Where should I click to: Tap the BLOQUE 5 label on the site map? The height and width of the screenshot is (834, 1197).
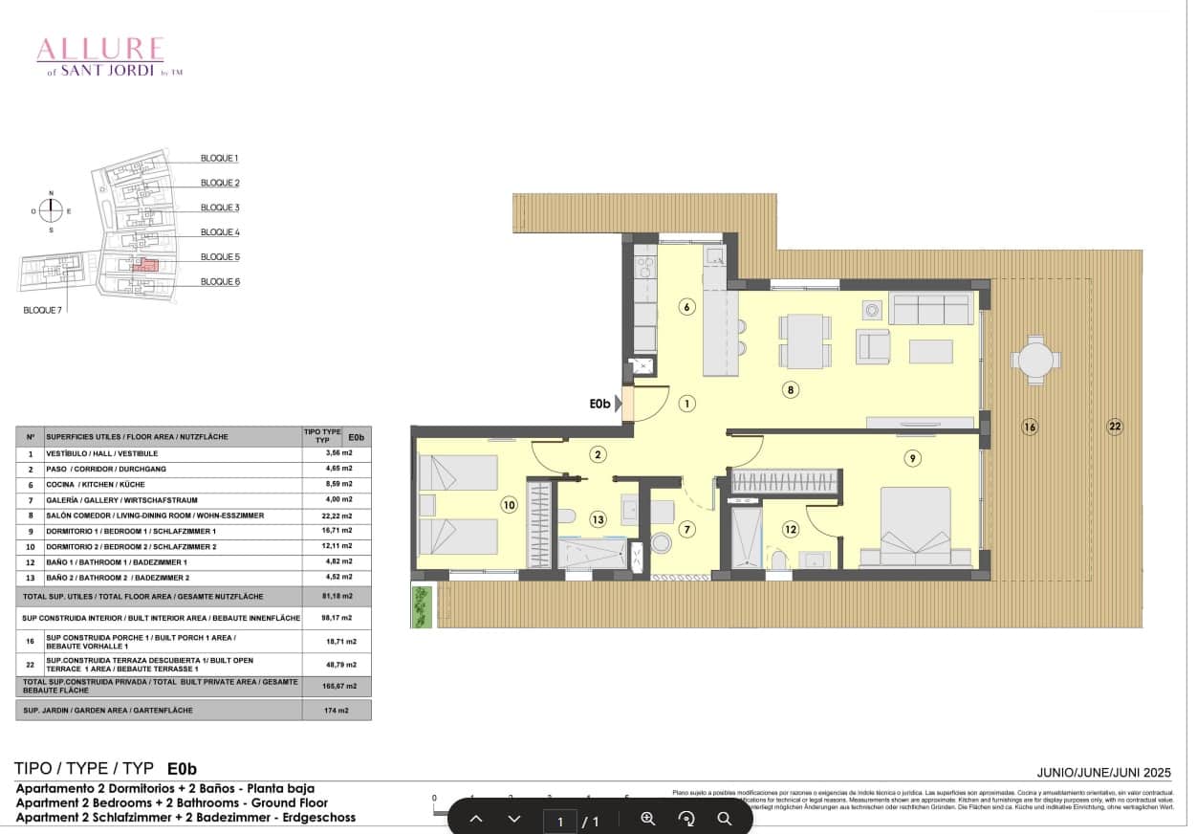[220, 256]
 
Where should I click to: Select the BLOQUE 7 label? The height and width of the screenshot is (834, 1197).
[43, 310]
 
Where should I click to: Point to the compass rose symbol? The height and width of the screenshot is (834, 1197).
[52, 210]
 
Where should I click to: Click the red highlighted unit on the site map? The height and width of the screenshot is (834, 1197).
[144, 265]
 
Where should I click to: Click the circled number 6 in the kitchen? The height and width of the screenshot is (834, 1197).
[686, 307]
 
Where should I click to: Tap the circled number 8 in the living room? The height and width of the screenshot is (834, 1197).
[790, 389]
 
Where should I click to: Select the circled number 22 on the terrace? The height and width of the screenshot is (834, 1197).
[1114, 427]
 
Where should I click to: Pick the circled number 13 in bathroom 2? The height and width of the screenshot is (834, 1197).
[598, 519]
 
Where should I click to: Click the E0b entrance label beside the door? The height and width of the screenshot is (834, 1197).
[599, 405]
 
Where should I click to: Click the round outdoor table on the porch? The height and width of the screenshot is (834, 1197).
[1034, 361]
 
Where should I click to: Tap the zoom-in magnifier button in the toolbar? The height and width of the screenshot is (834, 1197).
[648, 819]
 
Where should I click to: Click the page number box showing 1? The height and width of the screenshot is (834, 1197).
[560, 821]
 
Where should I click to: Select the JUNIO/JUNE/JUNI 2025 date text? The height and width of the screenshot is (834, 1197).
[1103, 772]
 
